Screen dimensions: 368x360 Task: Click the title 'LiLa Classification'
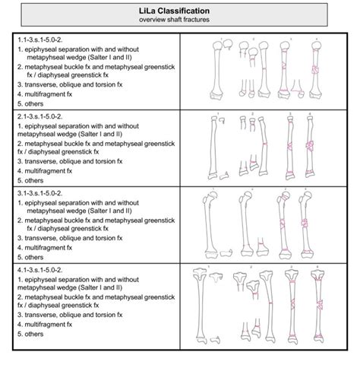[179, 11]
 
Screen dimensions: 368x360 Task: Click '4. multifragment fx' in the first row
[46, 90]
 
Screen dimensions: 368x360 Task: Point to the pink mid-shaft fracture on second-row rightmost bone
[311, 144]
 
